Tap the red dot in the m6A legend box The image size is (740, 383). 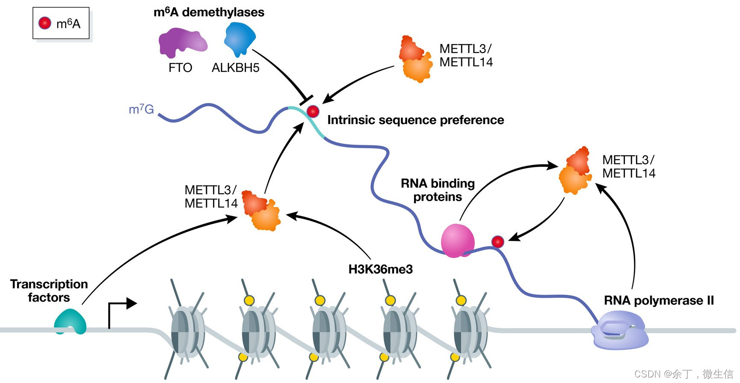(x=45, y=23)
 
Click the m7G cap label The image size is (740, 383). (x=141, y=109)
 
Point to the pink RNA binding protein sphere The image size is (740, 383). (x=457, y=240)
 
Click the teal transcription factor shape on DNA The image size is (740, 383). (x=70, y=322)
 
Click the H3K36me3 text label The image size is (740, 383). (x=380, y=269)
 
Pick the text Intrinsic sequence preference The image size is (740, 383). (x=415, y=120)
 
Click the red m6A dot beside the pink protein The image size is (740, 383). (x=497, y=242)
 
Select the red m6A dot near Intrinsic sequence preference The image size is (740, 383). (x=313, y=111)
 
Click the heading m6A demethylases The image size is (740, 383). (x=209, y=12)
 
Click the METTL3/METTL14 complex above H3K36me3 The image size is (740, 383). (x=261, y=211)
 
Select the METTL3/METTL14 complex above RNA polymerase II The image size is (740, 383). (x=576, y=171)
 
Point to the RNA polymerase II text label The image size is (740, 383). (x=658, y=300)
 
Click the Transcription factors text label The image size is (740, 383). (x=49, y=291)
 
